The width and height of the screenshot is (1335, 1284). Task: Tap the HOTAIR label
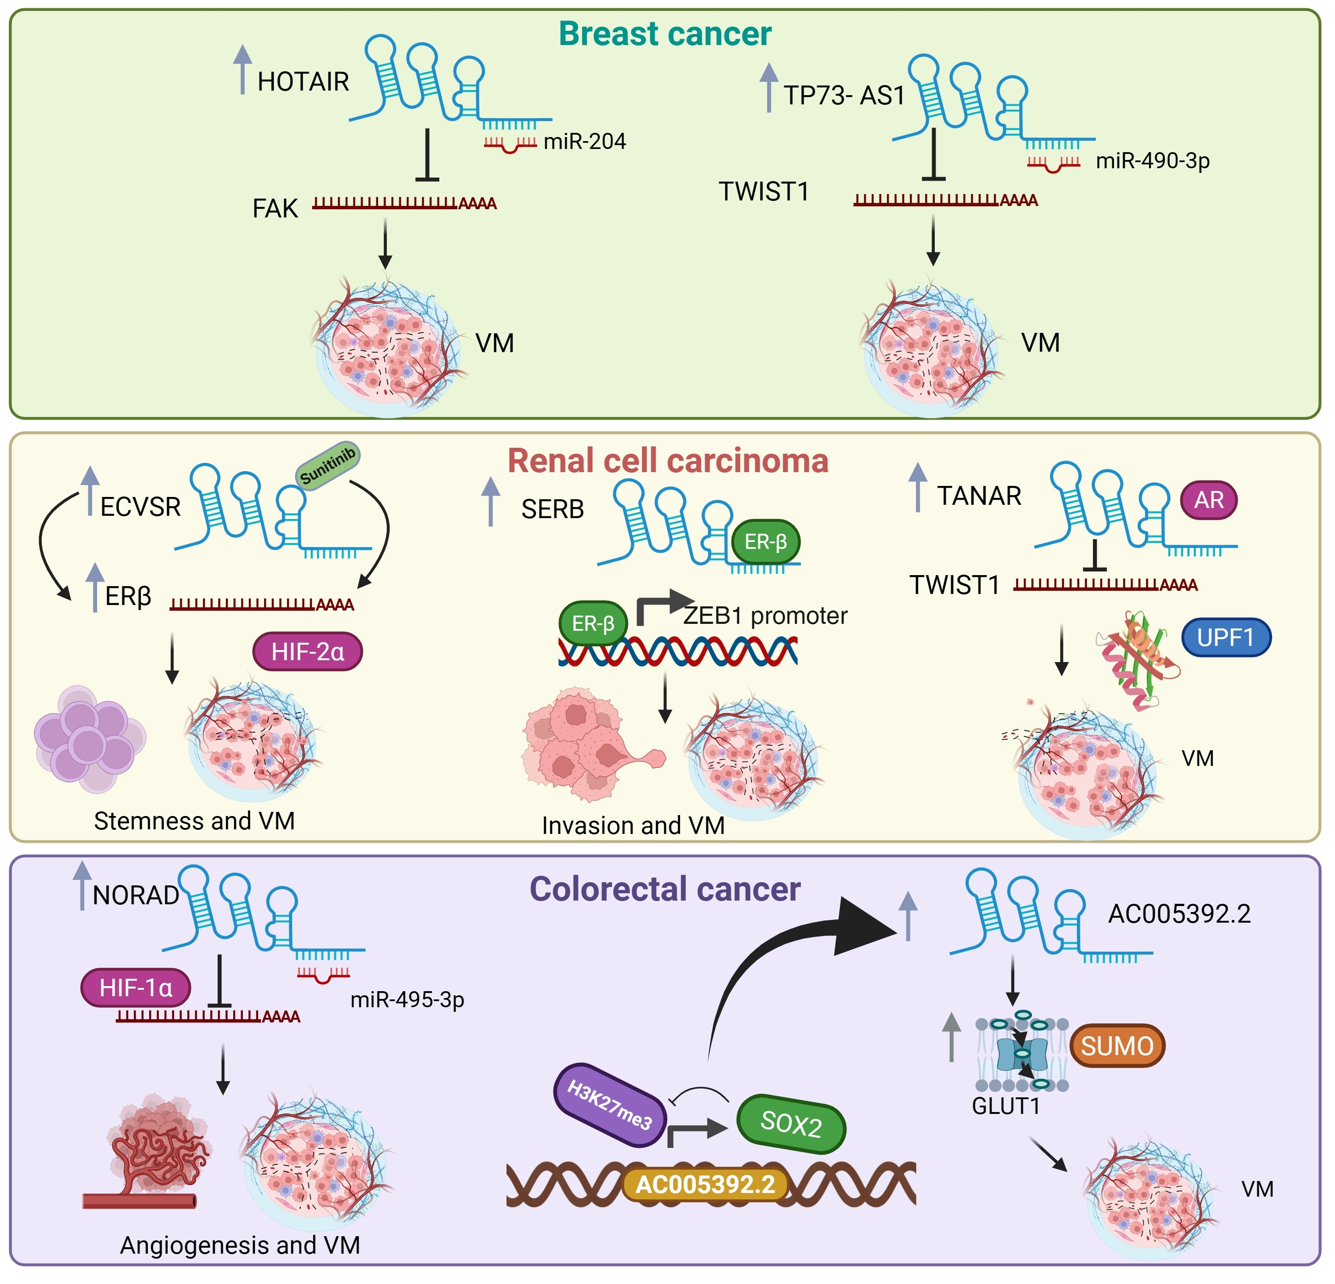coord(303,82)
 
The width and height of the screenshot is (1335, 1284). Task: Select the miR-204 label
coord(584,142)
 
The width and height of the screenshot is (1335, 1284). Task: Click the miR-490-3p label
coord(1152,161)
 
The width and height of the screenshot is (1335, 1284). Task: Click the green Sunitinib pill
coord(328,466)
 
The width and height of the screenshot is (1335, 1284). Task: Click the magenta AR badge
coord(1209,500)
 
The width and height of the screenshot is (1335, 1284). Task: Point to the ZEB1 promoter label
coord(765,616)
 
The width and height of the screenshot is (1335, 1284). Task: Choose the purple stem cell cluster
coord(89,739)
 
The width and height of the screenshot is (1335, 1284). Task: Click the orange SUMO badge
coord(1117,1046)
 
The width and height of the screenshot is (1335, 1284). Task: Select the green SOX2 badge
coord(791,1124)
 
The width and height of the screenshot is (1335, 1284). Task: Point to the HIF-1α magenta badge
coord(136,988)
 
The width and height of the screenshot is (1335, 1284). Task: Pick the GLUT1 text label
coord(1006,1106)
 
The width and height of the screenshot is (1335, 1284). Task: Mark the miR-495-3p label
coord(407,1000)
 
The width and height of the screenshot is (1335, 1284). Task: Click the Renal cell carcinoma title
coord(667,462)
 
